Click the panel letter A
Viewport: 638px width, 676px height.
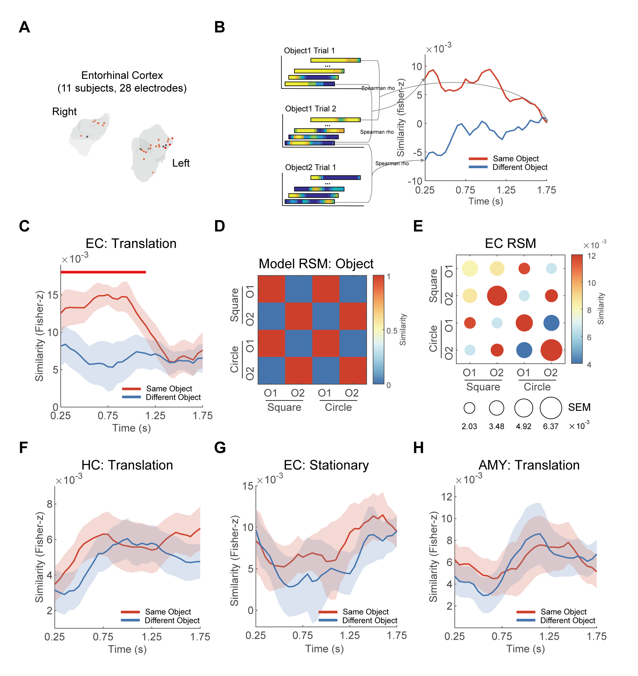(24, 27)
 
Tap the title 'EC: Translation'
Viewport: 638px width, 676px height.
(131, 244)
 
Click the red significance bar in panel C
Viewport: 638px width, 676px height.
(103, 272)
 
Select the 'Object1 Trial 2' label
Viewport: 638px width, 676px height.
(310, 108)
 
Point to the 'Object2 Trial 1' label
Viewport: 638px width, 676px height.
(310, 168)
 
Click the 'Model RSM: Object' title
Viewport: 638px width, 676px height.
(316, 264)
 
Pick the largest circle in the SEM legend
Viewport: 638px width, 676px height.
(551, 408)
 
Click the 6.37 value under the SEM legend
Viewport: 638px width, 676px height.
(551, 426)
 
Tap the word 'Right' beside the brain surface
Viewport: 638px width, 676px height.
(64, 112)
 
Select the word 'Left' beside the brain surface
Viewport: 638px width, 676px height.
(180, 163)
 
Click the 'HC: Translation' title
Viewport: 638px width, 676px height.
(127, 465)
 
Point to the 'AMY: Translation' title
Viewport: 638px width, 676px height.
(529, 465)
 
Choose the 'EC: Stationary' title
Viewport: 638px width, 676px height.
(326, 465)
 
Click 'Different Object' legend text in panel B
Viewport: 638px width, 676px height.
(520, 168)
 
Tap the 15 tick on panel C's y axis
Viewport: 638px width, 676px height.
(53, 295)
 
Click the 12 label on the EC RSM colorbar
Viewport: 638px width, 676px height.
(591, 256)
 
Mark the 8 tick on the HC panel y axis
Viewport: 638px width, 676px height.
(50, 504)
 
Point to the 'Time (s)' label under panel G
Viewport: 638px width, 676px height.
(324, 649)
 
